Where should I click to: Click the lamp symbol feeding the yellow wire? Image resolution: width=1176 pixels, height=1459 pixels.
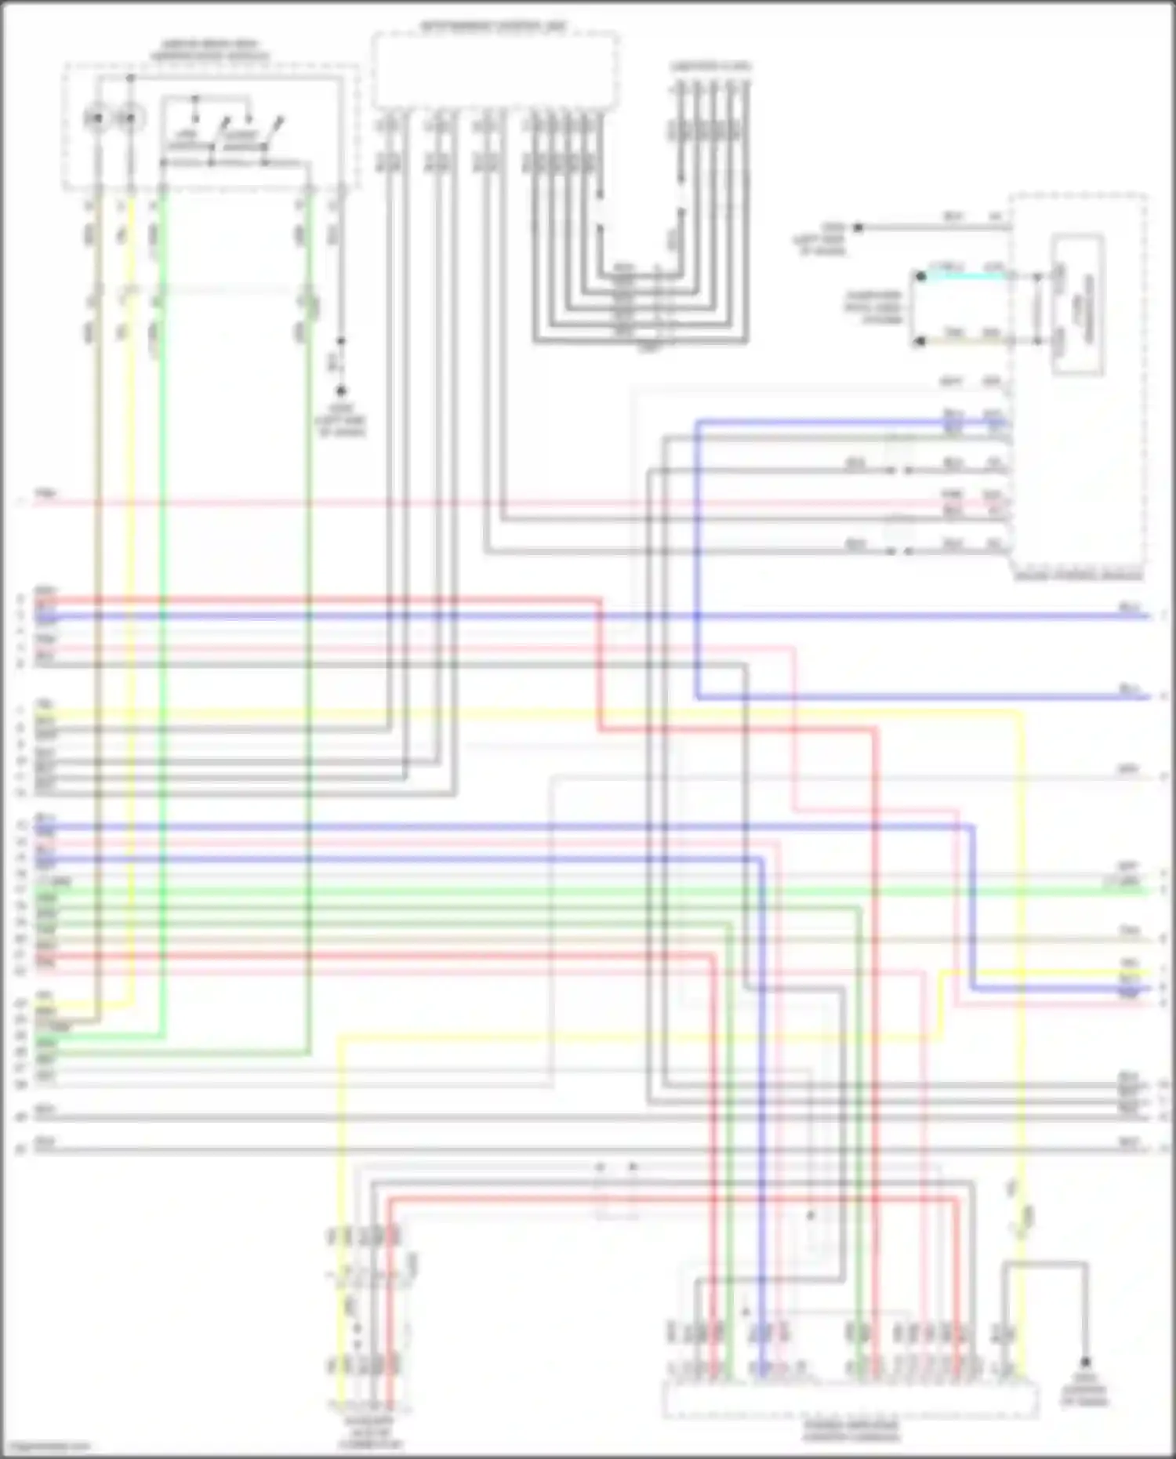click(x=129, y=118)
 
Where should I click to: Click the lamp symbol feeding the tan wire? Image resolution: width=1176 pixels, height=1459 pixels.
click(x=96, y=118)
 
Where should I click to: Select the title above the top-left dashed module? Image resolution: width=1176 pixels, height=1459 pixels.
click(x=210, y=50)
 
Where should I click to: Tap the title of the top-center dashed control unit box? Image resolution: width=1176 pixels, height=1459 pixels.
click(x=493, y=27)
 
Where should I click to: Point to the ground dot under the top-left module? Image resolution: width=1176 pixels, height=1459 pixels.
click(x=340, y=390)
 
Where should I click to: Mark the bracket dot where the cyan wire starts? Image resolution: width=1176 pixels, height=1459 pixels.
click(x=921, y=276)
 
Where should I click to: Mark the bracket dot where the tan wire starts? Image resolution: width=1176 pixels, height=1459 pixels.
click(x=921, y=341)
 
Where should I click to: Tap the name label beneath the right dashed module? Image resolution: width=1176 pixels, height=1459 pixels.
click(x=1079, y=577)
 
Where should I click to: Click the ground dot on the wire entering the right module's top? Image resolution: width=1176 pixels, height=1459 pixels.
click(x=858, y=227)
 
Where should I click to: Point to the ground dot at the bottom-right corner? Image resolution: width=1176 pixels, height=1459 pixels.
click(x=1086, y=1362)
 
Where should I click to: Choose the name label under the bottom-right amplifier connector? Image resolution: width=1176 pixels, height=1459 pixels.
click(x=851, y=1432)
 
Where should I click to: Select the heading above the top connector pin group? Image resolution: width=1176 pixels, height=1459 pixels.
click(x=710, y=67)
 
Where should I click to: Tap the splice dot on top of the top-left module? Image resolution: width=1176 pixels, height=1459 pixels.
click(x=130, y=78)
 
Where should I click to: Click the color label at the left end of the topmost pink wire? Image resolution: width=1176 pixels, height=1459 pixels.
click(x=46, y=494)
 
